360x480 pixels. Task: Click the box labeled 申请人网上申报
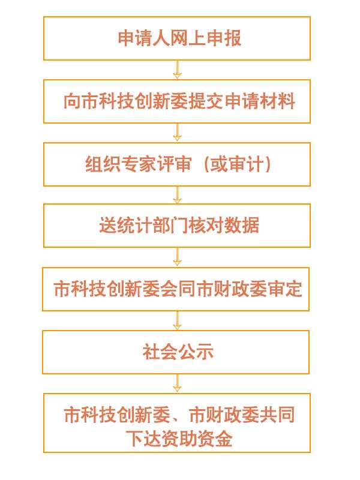[177, 38]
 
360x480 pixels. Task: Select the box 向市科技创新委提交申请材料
[177, 101]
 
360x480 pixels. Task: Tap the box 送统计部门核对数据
[177, 226]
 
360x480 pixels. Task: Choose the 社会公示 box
[176, 352]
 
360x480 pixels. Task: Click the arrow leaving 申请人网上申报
[177, 70]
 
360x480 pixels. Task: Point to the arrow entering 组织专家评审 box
[177, 133]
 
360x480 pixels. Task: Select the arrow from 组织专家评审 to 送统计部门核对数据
[177, 195]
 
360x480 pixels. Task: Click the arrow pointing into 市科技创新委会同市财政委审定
[177, 257]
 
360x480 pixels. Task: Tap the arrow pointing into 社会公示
[177, 320]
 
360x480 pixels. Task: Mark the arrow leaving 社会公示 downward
[177, 383]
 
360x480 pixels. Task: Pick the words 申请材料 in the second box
[260, 101]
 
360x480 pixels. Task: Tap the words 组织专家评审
[139, 164]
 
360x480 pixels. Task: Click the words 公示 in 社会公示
[196, 352]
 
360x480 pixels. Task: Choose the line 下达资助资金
[179, 439]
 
